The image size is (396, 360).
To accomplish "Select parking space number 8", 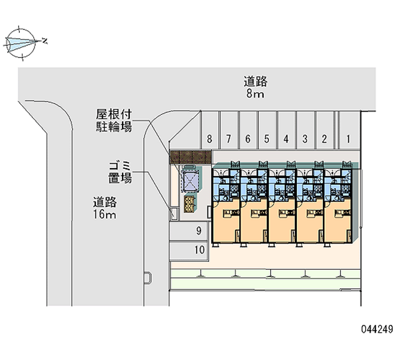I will pyautogui.click(x=210, y=139).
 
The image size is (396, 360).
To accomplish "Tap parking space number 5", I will pyautogui.click(x=267, y=139).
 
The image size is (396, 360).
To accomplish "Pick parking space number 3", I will pyautogui.click(x=305, y=139).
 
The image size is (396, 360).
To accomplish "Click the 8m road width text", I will pyautogui.click(x=255, y=94).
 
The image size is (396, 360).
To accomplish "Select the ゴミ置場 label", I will pyautogui.click(x=120, y=171).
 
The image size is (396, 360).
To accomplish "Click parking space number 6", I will pyautogui.click(x=247, y=139).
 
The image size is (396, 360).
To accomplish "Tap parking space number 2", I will pyautogui.click(x=324, y=139).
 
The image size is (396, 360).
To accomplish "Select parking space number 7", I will pyautogui.click(x=229, y=139).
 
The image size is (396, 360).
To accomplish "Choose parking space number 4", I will pyautogui.click(x=286, y=139).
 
